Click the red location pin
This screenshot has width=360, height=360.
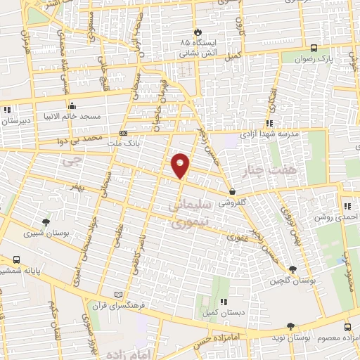pos(181,165)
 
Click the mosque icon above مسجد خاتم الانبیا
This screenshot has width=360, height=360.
pos(72,105)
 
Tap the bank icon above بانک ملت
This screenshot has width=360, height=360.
pos(124,132)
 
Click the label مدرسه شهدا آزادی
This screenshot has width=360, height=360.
pos(270,132)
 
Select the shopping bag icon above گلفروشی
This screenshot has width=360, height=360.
pos(232,192)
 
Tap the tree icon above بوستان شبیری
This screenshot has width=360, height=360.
pos(46,221)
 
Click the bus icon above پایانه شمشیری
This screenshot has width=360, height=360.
pos(16,259)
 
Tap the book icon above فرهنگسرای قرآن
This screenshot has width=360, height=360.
pos(118,293)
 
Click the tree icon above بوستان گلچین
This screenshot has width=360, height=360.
pos(292,269)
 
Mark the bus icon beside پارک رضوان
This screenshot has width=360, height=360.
pos(314,48)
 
